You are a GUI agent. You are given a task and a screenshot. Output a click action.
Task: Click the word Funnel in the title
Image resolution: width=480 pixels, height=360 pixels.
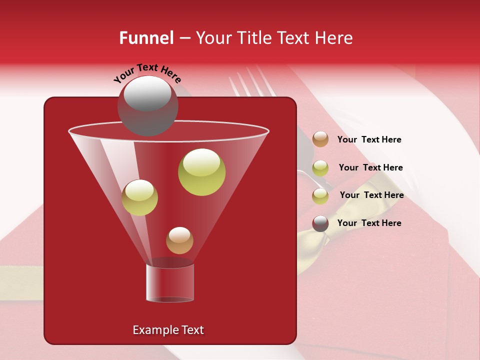[146, 38]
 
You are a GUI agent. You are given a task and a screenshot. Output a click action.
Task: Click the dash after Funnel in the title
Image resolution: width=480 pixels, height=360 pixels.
[184, 38]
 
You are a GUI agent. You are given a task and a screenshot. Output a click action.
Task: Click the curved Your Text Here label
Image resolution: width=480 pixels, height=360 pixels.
[147, 73]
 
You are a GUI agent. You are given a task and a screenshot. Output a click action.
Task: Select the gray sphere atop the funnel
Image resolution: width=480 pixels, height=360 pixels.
[147, 105]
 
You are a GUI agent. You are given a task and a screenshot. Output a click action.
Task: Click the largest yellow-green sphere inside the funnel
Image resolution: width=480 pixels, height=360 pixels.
[201, 172]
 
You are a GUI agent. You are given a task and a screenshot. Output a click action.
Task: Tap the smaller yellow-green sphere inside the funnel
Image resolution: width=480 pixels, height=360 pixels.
[139, 197]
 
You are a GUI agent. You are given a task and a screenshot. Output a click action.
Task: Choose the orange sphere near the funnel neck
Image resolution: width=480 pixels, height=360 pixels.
[179, 240]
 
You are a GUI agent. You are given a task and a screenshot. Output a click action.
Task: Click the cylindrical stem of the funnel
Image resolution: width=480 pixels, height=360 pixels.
[170, 283]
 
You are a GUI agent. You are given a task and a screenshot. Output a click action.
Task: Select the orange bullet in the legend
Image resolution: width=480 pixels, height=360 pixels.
[320, 139]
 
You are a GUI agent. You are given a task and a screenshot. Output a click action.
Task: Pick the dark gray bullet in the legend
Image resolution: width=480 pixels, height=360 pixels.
[320, 223]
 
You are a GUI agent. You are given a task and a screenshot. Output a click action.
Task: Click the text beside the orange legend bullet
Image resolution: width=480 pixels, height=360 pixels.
[369, 139]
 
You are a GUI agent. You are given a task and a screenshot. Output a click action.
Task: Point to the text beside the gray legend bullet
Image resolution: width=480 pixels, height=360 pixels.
[369, 223]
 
